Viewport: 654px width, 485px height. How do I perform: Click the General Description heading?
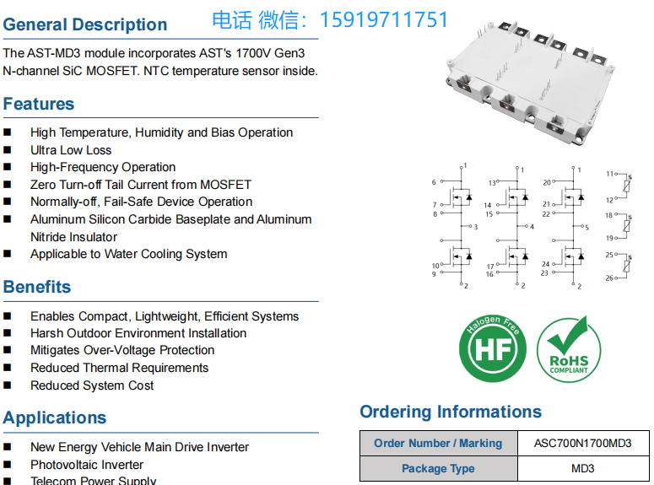pos(85,24)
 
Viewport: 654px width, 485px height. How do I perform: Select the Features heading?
pos(39,104)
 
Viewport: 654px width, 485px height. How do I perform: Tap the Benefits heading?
pos(37,287)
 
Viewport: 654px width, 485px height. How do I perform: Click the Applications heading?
pos(55,418)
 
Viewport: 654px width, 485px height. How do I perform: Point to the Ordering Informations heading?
pos(451,412)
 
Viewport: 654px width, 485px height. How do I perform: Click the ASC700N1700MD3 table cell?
pos(582,443)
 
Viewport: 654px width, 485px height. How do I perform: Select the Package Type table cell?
pos(438,468)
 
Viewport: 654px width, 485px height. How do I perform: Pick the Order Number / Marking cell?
pos(438,443)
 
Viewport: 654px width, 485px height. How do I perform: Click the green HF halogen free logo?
pos(492,347)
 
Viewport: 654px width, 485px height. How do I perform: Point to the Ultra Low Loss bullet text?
pos(71,150)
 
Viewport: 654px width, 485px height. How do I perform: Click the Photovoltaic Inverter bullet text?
pos(87,465)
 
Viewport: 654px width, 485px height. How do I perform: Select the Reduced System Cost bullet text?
pos(92,385)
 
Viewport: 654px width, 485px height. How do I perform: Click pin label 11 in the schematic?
pos(610,174)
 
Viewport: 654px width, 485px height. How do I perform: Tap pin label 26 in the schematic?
pos(610,278)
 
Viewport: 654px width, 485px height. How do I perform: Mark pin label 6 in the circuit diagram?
pos(434,182)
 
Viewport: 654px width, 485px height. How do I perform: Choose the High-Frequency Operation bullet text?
pos(103,167)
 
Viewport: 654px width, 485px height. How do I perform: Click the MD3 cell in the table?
pos(582,468)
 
